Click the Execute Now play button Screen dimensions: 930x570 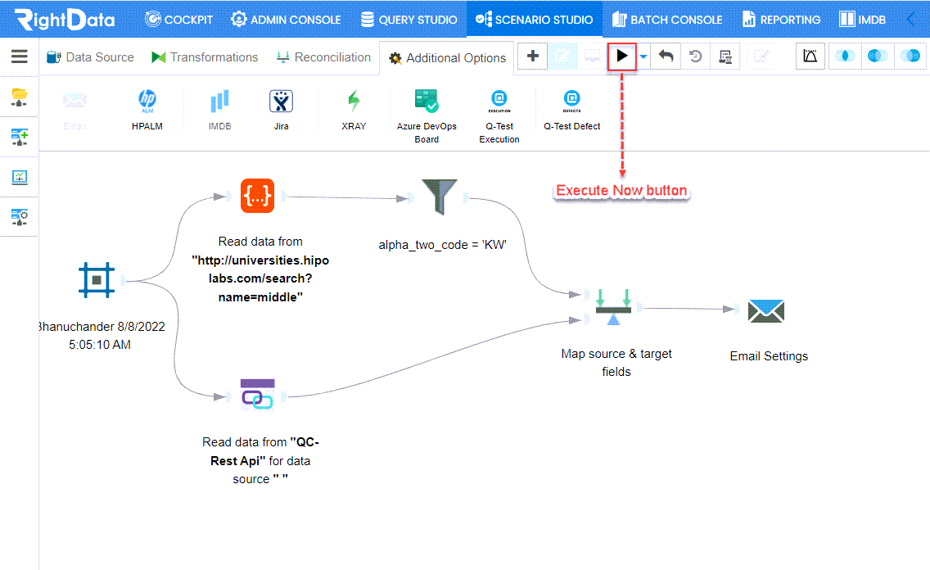coord(621,57)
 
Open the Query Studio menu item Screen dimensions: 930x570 coord(409,20)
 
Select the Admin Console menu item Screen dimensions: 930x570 coord(286,20)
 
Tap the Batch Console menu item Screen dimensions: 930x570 coord(667,20)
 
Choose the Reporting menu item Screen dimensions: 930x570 coord(782,20)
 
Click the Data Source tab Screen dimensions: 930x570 coord(90,57)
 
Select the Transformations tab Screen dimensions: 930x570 coord(205,57)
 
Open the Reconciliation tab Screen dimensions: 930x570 coord(324,57)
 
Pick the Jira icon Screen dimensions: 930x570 coord(281,102)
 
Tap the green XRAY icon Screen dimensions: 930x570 coord(354,102)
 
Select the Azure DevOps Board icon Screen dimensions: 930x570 coord(427,101)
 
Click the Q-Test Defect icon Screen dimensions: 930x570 coord(571,101)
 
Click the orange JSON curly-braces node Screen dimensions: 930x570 coord(257,195)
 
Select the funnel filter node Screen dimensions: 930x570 coord(439,197)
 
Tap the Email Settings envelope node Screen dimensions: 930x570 coord(765,311)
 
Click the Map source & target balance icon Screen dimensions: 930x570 coord(613,306)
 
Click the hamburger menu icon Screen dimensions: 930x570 coord(20,57)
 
